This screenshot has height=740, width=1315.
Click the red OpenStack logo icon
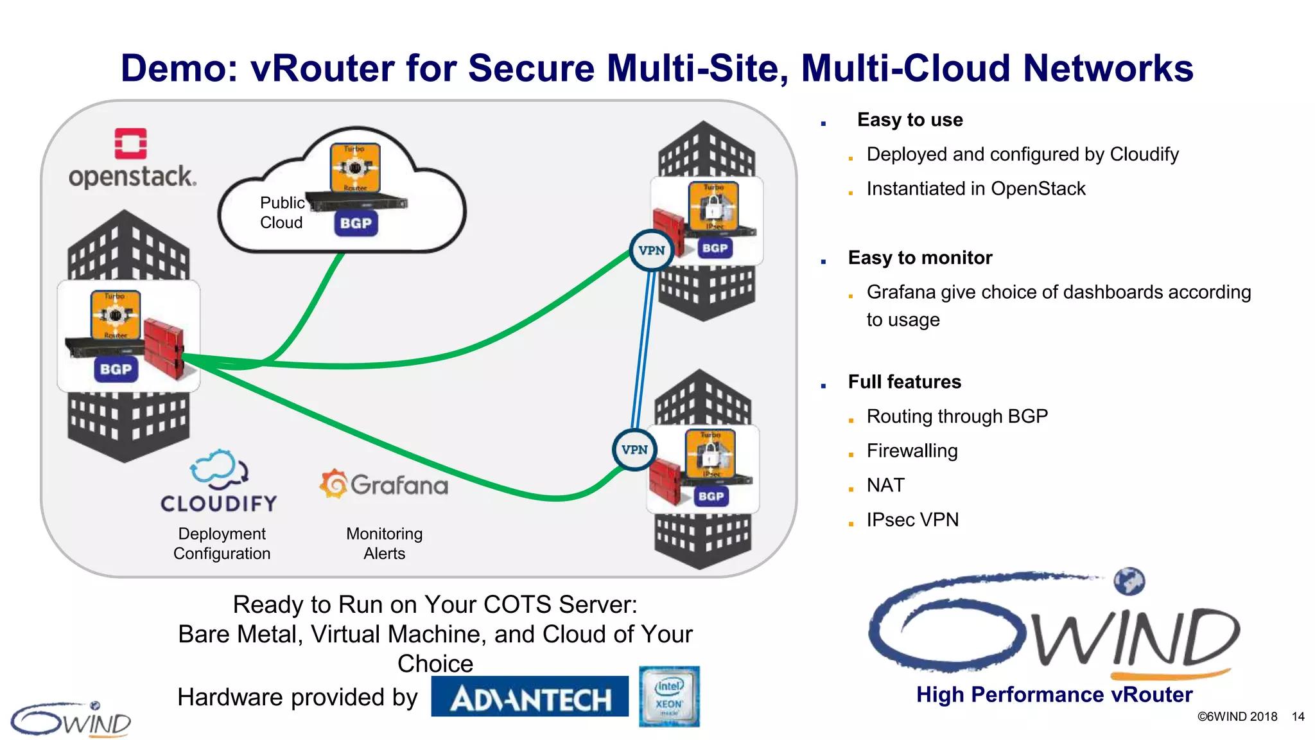click(130, 143)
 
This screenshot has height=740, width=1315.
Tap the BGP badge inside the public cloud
click(356, 224)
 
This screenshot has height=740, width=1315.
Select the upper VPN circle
click(652, 251)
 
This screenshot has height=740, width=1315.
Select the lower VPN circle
click(634, 450)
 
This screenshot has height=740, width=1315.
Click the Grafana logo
click(384, 484)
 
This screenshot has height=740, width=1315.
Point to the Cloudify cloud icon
click(219, 468)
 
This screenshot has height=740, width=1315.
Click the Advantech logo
click(530, 698)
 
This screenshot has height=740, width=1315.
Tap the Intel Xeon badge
click(669, 696)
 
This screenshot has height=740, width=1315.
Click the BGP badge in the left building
click(116, 369)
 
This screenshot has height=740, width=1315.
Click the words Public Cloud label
click(282, 213)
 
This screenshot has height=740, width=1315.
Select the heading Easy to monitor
click(919, 258)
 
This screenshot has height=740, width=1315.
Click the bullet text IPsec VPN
click(912, 520)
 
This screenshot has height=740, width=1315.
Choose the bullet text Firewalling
click(912, 451)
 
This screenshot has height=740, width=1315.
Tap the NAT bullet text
click(885, 485)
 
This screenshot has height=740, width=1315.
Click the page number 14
click(1298, 717)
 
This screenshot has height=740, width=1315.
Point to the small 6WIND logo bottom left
click(71, 719)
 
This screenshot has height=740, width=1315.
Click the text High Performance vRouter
click(1054, 695)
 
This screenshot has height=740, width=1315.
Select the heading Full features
click(904, 382)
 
